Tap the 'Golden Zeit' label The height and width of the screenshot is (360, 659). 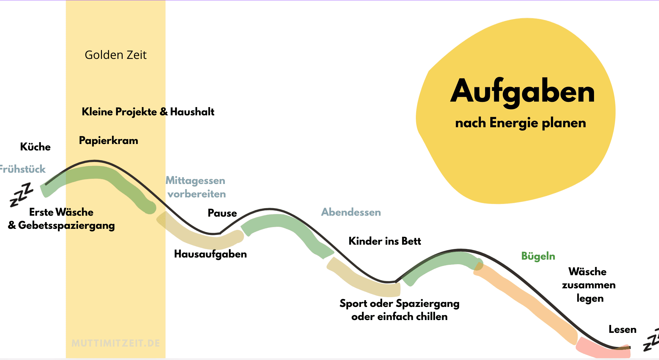tap(116, 55)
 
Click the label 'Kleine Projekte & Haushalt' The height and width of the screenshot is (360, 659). tap(148, 112)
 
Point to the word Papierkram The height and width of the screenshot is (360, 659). tap(109, 141)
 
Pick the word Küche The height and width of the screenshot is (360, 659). tap(35, 147)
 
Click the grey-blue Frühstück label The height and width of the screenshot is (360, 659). tap(23, 169)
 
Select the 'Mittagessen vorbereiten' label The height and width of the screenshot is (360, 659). tap(196, 187)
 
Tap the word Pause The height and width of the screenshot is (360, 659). tap(222, 213)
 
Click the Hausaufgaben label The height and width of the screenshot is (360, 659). tap(211, 254)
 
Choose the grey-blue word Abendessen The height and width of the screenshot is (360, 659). tap(351, 212)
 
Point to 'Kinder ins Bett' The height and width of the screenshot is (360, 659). tap(385, 241)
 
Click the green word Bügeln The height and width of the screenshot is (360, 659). tap(538, 256)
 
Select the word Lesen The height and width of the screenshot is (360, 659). tap(622, 329)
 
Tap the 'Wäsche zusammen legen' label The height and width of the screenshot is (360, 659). tap(589, 285)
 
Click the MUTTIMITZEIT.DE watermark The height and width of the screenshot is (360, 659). tap(116, 344)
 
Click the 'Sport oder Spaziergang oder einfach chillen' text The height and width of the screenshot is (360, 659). tap(399, 310)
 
